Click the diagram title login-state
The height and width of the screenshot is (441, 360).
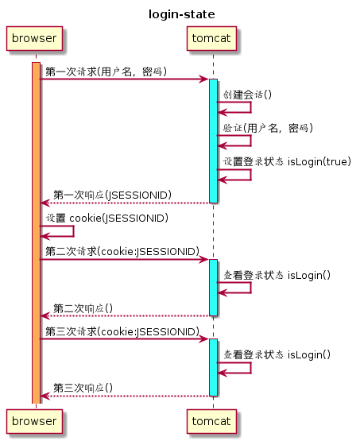[182, 14]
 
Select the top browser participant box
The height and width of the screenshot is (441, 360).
[34, 38]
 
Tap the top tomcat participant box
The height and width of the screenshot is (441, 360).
[211, 38]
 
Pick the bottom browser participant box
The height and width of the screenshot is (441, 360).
[34, 421]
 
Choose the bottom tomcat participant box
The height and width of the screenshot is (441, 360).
[211, 421]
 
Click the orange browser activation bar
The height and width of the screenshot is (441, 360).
[36, 233]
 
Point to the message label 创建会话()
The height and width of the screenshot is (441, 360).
[247, 95]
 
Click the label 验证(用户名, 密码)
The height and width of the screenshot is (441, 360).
[268, 128]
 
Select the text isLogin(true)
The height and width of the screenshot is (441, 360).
[319, 161]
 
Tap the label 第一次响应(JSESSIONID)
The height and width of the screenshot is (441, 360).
[113, 195]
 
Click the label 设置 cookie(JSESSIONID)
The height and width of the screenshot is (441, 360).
[107, 218]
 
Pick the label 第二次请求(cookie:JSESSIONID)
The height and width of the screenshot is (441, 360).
[122, 251]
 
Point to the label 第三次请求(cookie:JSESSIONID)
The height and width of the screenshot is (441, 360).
[122, 331]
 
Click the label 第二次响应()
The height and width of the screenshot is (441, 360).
[83, 308]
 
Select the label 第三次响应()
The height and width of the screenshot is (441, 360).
[83, 388]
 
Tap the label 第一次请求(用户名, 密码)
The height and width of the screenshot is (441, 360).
[106, 72]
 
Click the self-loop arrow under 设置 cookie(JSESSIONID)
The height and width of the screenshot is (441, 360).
[73, 231]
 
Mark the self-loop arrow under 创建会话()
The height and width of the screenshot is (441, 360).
[250, 107]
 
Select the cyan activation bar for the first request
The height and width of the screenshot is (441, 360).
[213, 141]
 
